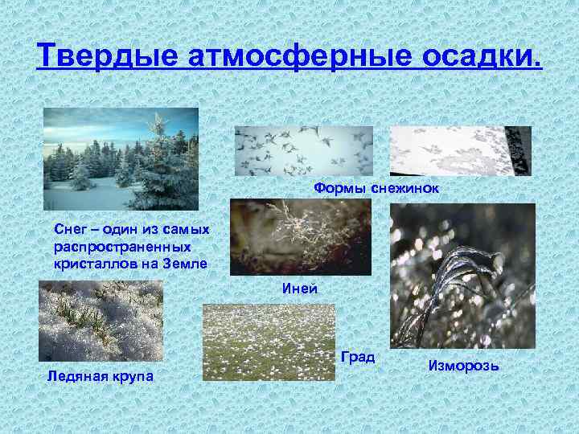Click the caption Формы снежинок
376,187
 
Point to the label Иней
299,289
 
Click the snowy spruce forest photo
120,159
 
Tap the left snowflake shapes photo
304,150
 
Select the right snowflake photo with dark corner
460,150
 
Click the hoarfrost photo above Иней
301,237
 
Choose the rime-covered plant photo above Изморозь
462,276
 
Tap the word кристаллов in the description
88,264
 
